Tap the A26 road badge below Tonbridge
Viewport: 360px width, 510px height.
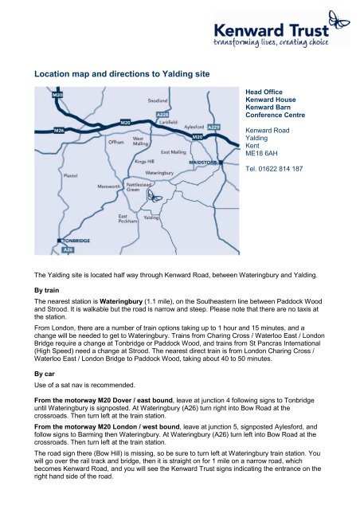pos(69,249)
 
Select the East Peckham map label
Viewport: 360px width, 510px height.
pos(129,219)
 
